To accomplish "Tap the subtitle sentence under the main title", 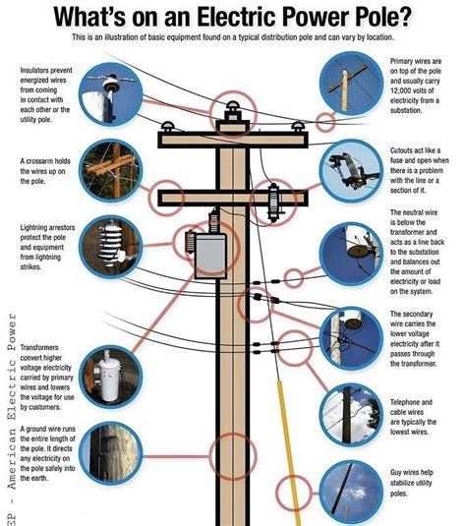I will pos(232,36).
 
